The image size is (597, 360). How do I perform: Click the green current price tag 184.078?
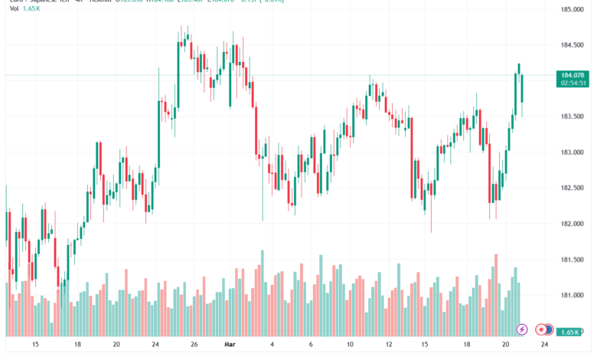click(573, 74)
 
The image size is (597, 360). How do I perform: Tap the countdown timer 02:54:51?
click(573, 83)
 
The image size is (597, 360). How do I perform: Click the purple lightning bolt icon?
click(522, 329)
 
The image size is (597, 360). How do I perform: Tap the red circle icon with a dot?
click(541, 329)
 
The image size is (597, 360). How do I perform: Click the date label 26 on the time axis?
click(194, 345)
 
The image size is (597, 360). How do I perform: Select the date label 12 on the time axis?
click(389, 345)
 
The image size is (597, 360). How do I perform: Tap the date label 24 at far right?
click(543, 345)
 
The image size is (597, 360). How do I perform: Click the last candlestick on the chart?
click(522, 88)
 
